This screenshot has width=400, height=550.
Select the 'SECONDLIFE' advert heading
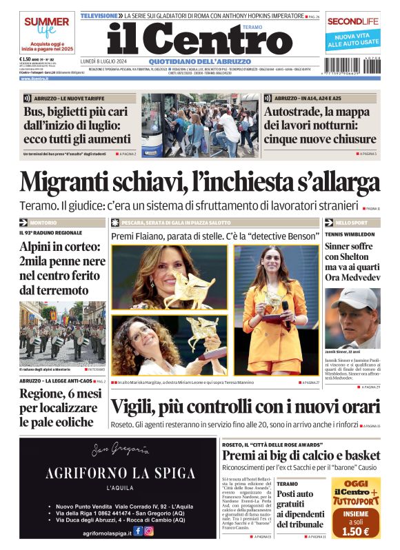(x=353, y=21)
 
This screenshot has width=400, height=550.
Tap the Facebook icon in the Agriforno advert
(x=137, y=531)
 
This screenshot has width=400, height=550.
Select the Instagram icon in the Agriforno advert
(x=148, y=531)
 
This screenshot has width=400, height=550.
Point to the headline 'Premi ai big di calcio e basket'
(x=301, y=455)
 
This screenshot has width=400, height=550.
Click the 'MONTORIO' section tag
(x=43, y=223)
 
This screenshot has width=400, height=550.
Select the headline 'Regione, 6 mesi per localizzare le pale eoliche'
(x=59, y=407)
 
